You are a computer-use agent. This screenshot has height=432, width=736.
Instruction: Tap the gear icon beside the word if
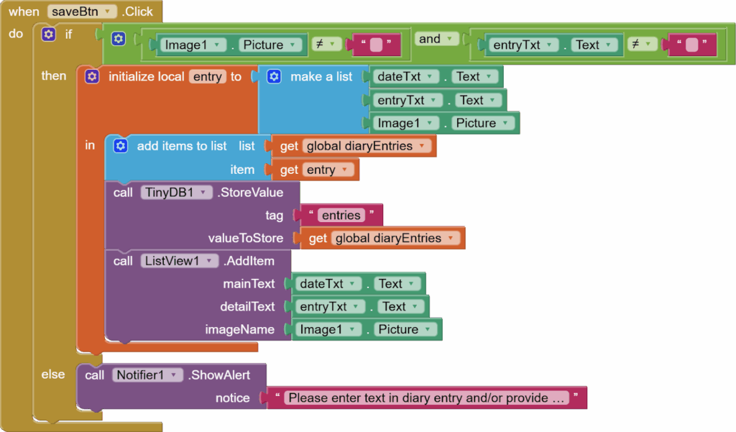tap(48, 34)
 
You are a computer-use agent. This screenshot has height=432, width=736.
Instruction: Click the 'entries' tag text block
tap(341, 215)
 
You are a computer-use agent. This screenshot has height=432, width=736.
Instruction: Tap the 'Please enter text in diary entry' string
tap(426, 397)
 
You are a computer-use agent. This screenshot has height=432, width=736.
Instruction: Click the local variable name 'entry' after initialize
tap(208, 76)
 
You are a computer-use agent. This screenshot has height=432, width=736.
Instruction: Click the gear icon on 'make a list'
tap(274, 76)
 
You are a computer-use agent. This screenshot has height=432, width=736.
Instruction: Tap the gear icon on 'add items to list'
tap(121, 146)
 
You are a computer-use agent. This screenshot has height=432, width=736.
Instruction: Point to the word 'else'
tap(53, 374)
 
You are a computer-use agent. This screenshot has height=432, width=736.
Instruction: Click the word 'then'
tap(53, 75)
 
